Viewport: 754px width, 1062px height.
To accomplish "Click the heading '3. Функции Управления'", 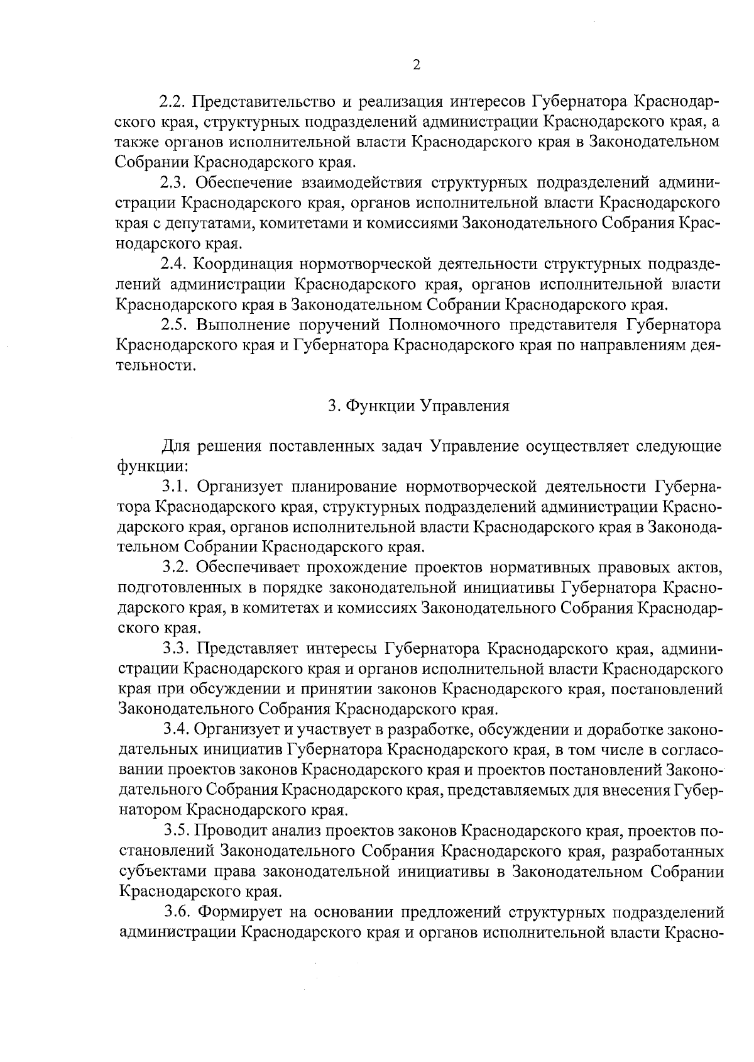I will (x=418, y=406).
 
